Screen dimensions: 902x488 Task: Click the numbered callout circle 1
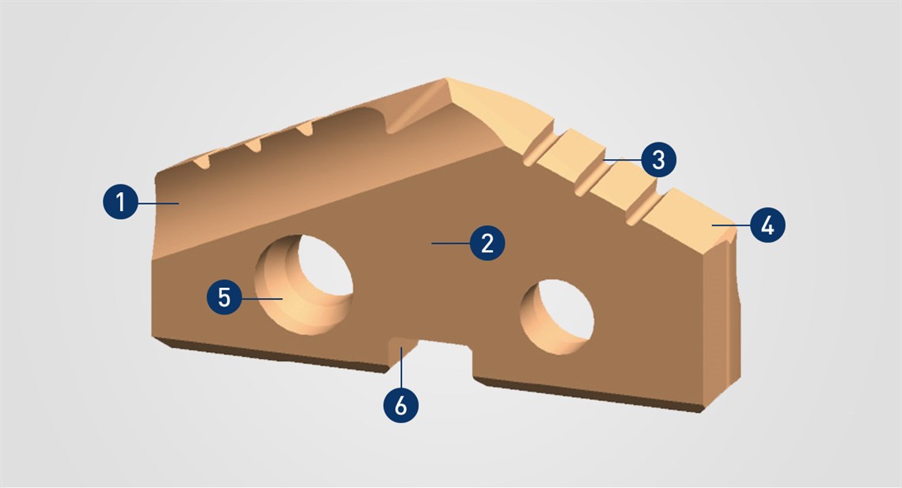pos(121,202)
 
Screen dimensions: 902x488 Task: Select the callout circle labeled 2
pos(487,243)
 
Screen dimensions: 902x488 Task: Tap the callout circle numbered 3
pos(658,160)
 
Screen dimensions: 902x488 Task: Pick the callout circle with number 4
pos(767,225)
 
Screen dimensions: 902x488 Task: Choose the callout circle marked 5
pos(225,297)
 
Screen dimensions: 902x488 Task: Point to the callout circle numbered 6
pos(401,405)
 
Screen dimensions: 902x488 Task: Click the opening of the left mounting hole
pos(304,285)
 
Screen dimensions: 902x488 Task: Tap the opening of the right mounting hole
pos(557,316)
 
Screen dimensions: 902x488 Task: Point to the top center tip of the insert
pos(445,79)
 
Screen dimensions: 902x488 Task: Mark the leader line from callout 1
pos(158,202)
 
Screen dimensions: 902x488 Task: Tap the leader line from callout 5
pos(262,298)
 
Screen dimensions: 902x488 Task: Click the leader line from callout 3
pos(623,160)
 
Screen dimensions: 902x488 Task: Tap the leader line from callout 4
pos(730,225)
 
